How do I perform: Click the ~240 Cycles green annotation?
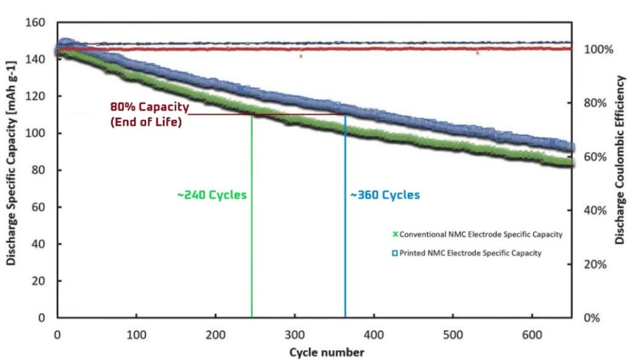[212, 195]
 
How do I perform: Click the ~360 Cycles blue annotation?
[385, 195]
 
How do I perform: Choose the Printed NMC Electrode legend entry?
[467, 253]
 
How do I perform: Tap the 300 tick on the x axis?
[295, 335]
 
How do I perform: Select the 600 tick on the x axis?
[532, 335]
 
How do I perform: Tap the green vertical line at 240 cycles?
[252, 247]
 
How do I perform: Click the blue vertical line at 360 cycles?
[345, 247]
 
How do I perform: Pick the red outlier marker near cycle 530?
[478, 53]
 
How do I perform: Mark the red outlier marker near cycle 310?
[301, 56]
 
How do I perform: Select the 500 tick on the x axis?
[453, 335]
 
